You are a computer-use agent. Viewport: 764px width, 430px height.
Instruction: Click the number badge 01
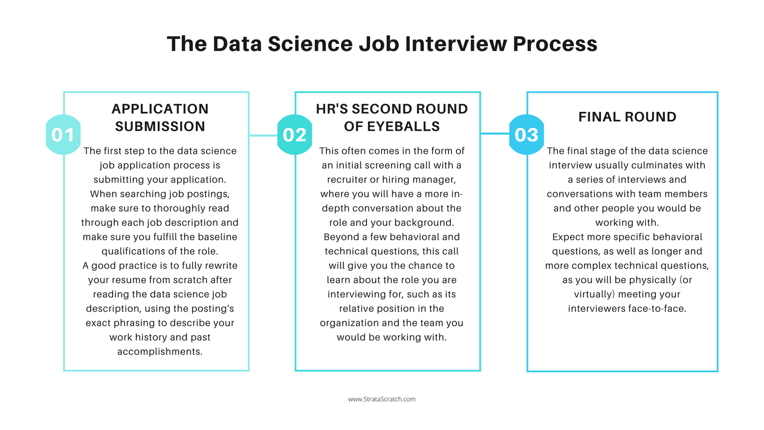pos(63,135)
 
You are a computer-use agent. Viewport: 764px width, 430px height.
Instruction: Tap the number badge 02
pos(294,135)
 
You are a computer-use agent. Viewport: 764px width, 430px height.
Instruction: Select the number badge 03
pos(526,135)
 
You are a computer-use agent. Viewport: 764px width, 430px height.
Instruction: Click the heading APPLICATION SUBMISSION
pos(160,118)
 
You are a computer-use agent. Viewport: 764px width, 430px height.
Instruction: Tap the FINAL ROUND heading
pos(627,117)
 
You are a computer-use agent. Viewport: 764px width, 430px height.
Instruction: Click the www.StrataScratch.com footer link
pos(382,399)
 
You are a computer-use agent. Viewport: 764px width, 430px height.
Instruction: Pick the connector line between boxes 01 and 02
pos(263,135)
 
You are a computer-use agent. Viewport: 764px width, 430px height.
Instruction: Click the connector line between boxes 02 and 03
pos(495,133)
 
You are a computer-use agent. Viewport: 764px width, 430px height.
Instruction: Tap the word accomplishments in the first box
pos(160,352)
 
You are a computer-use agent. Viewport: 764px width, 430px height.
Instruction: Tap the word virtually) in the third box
pos(594,294)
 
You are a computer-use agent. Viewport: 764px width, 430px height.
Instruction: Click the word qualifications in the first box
pos(133,251)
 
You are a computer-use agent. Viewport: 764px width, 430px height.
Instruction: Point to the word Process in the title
pos(555,44)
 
